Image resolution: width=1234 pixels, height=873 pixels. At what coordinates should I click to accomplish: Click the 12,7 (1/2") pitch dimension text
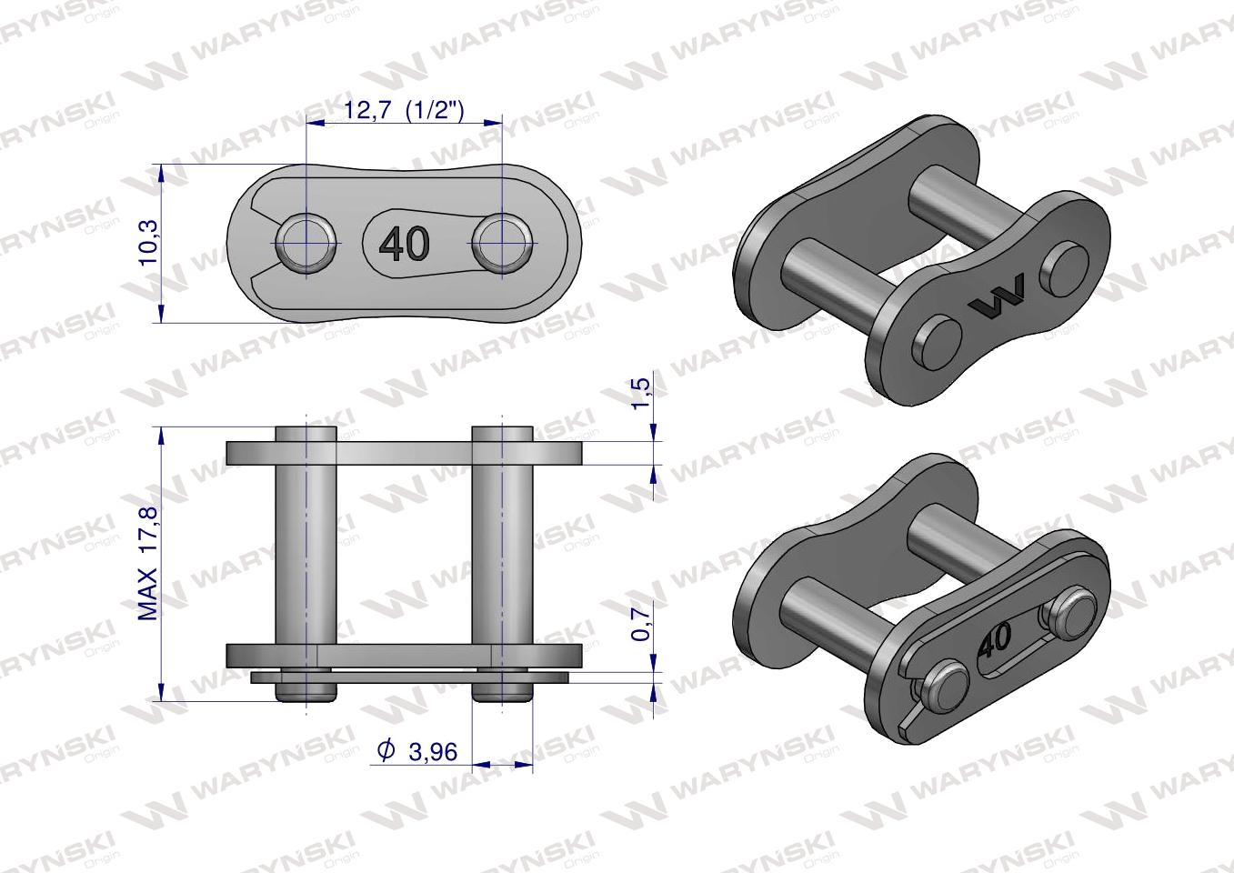coord(405,111)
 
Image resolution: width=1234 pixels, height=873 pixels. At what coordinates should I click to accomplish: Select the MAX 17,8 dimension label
coord(148,564)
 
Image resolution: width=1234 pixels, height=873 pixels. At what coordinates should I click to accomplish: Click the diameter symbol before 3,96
coord(386,751)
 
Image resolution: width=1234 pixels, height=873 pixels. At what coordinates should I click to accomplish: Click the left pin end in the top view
coord(306,244)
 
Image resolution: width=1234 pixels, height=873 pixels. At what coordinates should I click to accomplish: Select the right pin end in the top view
coord(500,244)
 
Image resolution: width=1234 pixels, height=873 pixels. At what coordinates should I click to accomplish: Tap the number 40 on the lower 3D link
coord(994,640)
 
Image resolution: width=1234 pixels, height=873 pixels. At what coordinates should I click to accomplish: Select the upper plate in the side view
coord(404,453)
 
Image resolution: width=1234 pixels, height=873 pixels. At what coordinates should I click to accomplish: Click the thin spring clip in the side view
coord(409,677)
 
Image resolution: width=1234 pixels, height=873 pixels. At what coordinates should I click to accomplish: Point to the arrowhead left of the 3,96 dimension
coord(481,764)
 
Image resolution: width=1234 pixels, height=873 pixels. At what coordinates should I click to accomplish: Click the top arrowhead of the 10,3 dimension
coord(161,172)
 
